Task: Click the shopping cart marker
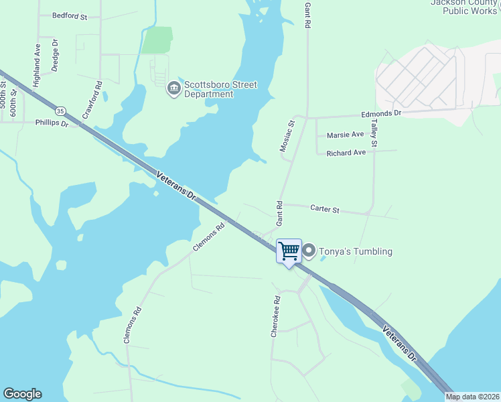289,252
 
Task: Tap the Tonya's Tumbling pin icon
309,251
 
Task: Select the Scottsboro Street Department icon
174,88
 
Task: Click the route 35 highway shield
61,111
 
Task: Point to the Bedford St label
70,15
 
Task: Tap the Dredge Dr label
56,55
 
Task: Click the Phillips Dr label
52,123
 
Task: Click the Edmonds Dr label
380,114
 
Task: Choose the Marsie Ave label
345,135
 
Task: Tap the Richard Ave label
346,153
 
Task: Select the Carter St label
325,209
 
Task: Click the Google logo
22,394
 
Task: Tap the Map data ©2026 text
472,397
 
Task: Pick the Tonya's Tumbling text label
356,251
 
